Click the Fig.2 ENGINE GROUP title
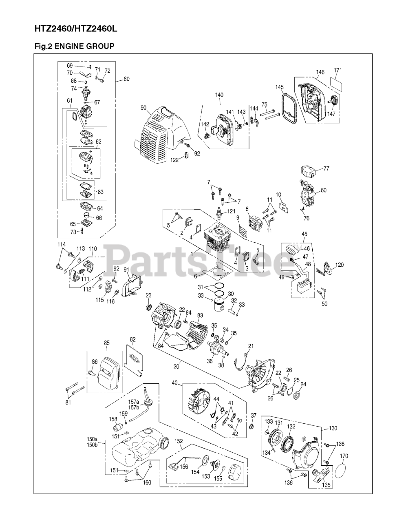point(74,46)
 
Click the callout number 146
point(320,72)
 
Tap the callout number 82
point(132,339)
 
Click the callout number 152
point(179,441)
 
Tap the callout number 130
point(333,429)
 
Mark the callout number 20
point(176,366)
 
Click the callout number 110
point(93,248)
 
